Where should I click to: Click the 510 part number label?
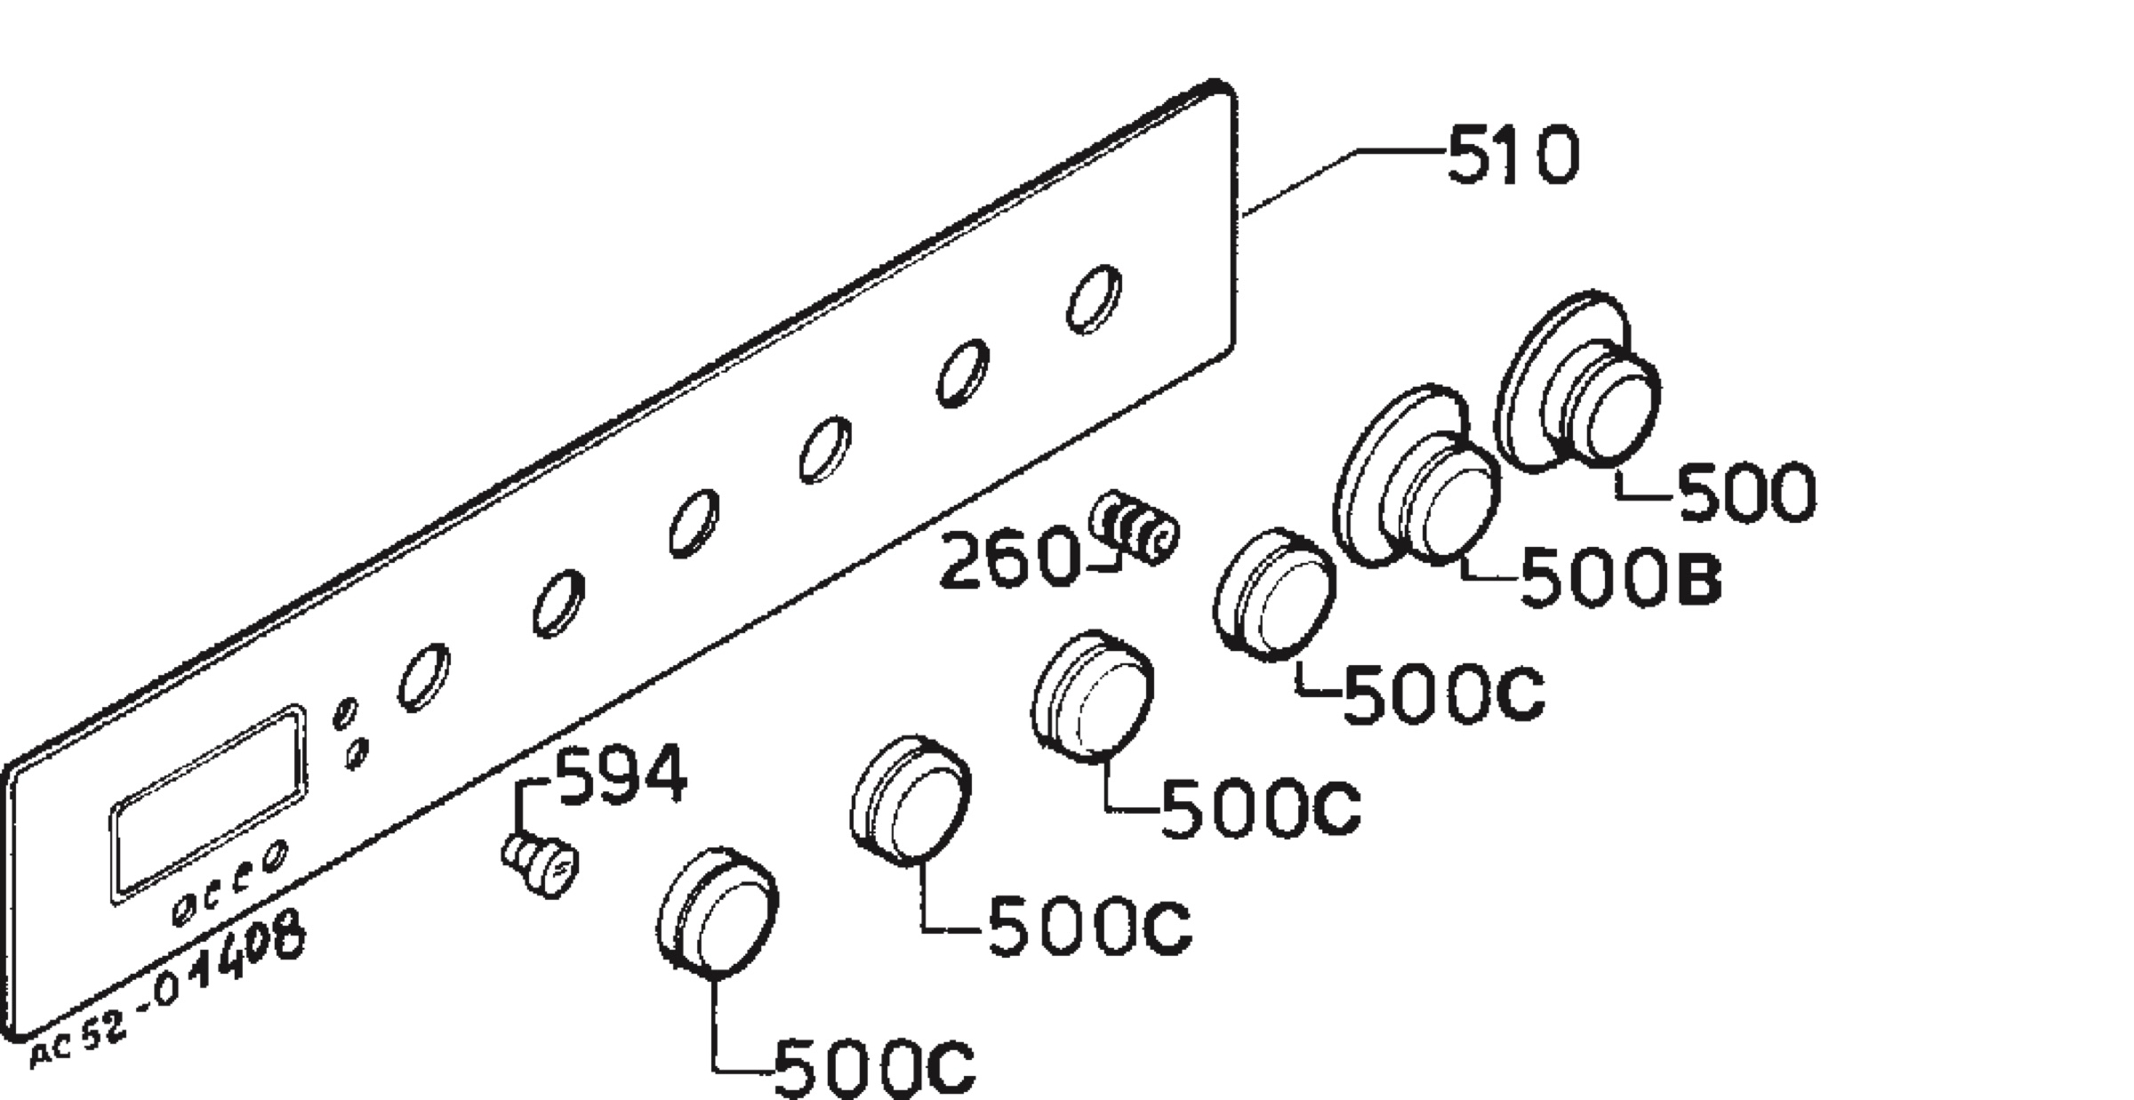[x=1513, y=156]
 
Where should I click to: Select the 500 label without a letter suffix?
[x=1747, y=492]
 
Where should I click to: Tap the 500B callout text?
[x=1621, y=576]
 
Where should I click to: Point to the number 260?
[x=1007, y=558]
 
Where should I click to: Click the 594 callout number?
[x=622, y=775]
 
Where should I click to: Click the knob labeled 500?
[x=1579, y=380]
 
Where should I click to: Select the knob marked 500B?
[x=1417, y=477]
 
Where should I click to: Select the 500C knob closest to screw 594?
[x=718, y=912]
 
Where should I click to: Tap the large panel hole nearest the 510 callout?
[x=1094, y=299]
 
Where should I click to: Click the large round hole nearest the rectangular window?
[x=423, y=678]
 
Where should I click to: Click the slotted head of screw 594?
[x=558, y=872]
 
